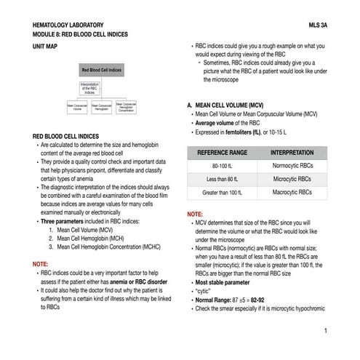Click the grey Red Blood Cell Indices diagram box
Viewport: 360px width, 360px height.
pyautogui.click(x=101, y=71)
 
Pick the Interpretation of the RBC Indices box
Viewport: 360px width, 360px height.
pyautogui.click(x=90, y=88)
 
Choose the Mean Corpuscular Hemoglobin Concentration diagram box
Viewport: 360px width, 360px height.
pyautogui.click(x=126, y=106)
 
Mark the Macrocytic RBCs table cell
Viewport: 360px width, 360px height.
pyautogui.click(x=292, y=193)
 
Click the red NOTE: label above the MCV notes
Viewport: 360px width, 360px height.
pyautogui.click(x=195, y=215)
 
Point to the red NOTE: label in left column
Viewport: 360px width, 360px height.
pyautogui.click(x=41, y=263)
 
